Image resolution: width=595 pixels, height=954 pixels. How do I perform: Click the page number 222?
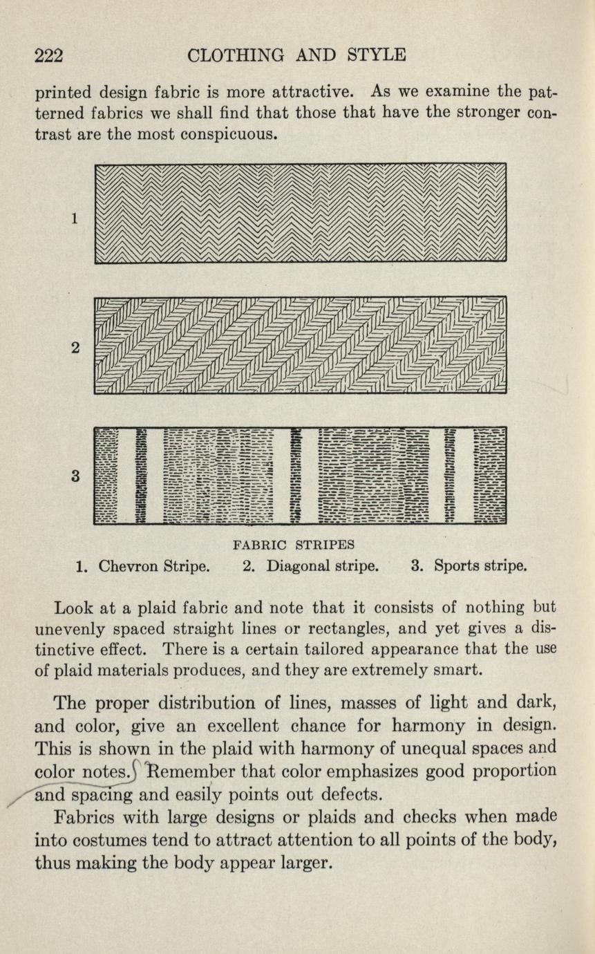coord(50,55)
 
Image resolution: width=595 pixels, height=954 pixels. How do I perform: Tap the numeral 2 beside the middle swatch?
coord(74,349)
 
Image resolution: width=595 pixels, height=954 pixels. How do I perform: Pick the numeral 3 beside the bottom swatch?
coord(74,476)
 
